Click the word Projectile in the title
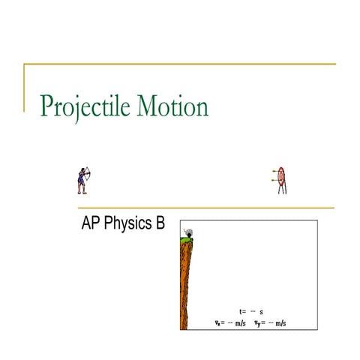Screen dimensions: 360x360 pos(85,107)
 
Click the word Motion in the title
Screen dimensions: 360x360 pos(172,106)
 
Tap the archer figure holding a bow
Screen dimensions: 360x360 pos(81,180)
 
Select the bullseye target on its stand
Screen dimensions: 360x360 pos(281,177)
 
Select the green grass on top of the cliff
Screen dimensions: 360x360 pos(184,238)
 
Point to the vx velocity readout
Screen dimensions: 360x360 pos(230,324)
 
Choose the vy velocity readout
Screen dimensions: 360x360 pos(270,324)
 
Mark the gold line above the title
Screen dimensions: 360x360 pos(180,64)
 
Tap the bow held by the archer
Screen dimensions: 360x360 pos(85,175)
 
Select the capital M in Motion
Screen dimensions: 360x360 pos(148,106)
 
